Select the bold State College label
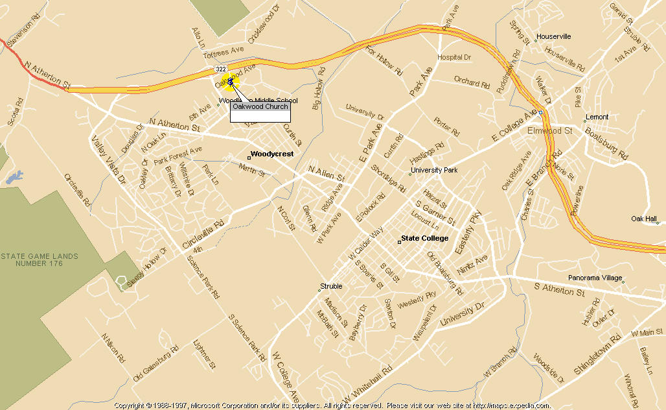coord(424,239)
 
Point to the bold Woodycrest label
coord(271,154)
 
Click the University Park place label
coord(435,171)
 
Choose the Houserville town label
coord(553,37)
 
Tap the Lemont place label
coord(597,117)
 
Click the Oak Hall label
coord(644,219)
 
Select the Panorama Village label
coord(594,278)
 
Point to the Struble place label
coord(331,287)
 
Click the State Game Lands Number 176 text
coord(40,260)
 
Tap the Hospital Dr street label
coord(454,58)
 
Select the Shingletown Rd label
coord(597,354)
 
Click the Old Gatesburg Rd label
coord(155,364)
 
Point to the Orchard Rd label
coord(471,82)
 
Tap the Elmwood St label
coord(550,131)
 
